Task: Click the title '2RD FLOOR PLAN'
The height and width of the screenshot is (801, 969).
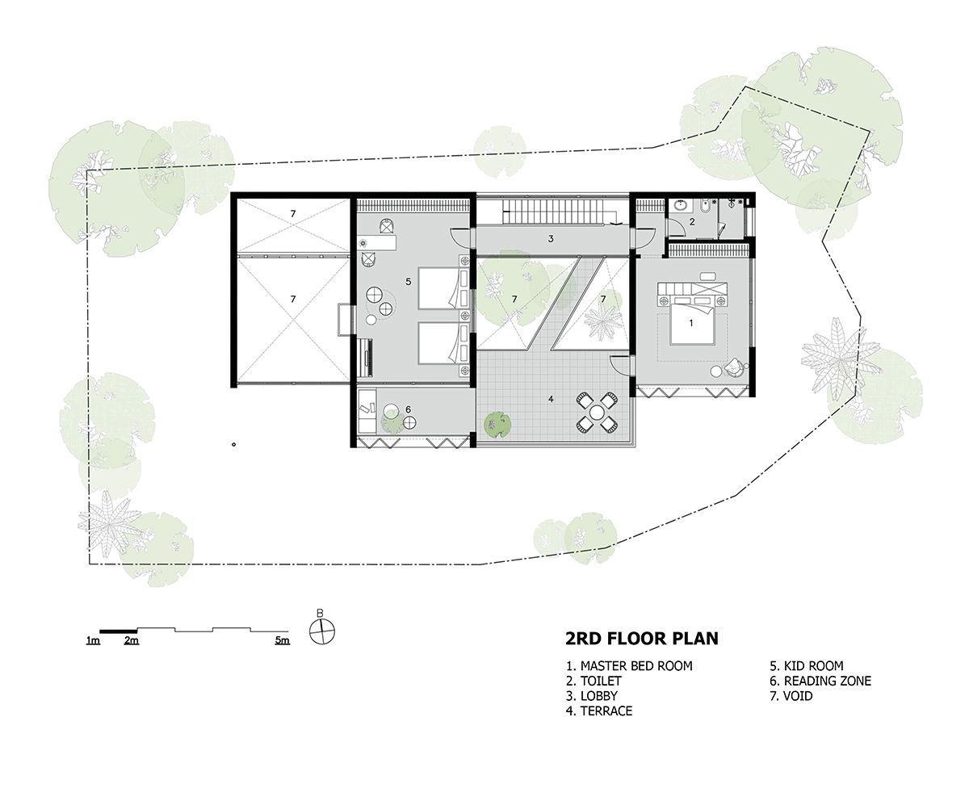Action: (641, 640)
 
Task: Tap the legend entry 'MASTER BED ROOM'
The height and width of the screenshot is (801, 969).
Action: (629, 666)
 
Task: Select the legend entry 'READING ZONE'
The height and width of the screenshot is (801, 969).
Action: (821, 681)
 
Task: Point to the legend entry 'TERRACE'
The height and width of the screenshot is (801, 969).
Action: (599, 711)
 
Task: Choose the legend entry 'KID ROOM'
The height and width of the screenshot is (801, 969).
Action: (807, 666)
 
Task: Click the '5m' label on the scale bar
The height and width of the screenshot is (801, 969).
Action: (281, 641)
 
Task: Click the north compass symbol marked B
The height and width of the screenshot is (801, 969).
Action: (321, 631)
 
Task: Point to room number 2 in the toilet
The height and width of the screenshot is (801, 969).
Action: (691, 222)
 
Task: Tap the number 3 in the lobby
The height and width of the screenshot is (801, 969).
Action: (551, 239)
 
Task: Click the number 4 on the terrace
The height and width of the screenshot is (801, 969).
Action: (551, 399)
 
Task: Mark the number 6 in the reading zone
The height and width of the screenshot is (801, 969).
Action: (408, 409)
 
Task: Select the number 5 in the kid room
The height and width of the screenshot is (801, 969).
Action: (409, 282)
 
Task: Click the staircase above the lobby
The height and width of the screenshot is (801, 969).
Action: (552, 212)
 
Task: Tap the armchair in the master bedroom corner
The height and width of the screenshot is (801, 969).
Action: (736, 367)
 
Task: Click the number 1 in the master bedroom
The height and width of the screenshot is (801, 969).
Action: (690, 322)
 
